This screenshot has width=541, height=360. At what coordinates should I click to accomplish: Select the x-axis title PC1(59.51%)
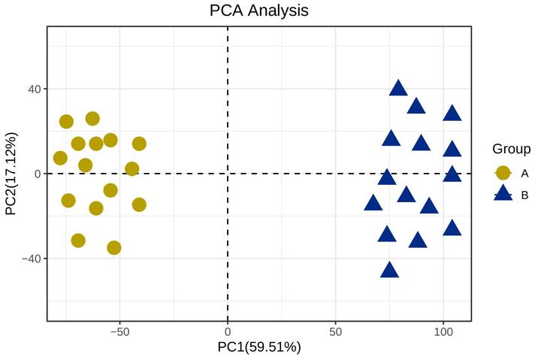click(258, 347)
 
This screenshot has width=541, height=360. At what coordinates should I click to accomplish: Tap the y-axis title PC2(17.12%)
click(11, 174)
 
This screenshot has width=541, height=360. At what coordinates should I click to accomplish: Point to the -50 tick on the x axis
click(119, 331)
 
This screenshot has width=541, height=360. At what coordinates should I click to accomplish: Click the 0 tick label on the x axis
click(227, 331)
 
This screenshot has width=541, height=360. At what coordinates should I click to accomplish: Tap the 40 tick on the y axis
click(33, 89)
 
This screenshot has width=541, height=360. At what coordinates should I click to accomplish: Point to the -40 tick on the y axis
click(30, 259)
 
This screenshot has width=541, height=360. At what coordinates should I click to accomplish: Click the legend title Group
click(511, 149)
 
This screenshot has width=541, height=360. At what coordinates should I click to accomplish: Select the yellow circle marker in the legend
click(503, 173)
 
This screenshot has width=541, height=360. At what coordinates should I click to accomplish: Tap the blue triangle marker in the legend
click(503, 195)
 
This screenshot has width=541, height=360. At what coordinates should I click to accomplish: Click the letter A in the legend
click(524, 174)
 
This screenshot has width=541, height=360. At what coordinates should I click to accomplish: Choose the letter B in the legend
click(524, 195)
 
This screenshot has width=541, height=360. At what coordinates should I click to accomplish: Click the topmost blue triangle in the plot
click(398, 88)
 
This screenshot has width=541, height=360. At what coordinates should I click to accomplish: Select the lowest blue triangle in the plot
click(389, 270)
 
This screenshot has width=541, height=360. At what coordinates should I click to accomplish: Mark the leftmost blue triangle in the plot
click(373, 203)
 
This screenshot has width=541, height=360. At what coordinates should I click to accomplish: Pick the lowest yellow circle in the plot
click(114, 247)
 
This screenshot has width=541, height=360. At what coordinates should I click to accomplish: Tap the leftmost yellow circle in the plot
click(60, 158)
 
